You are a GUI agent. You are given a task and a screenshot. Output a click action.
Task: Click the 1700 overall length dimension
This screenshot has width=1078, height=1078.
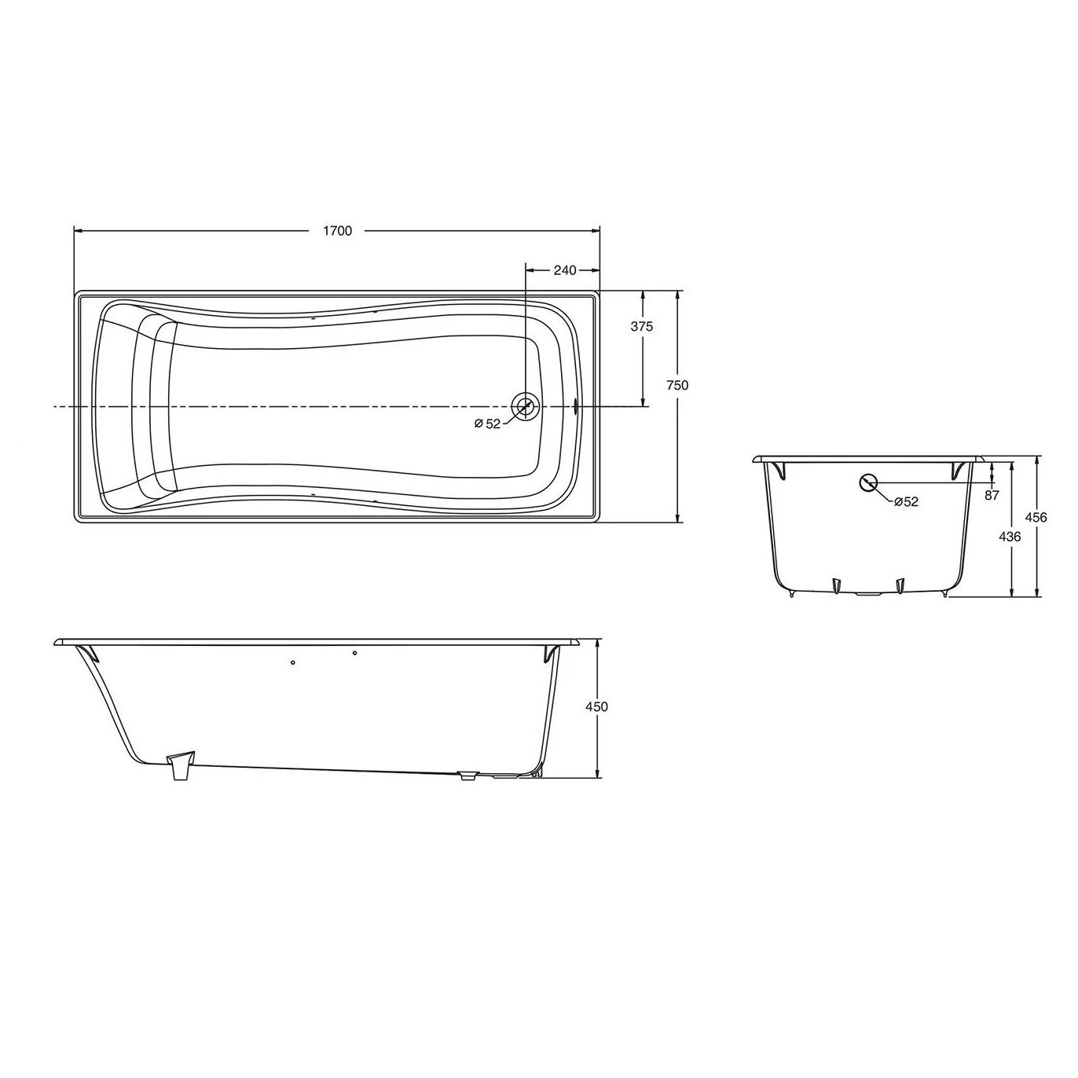[x=337, y=230]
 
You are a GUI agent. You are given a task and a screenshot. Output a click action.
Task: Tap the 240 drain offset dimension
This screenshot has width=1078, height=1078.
[x=564, y=270]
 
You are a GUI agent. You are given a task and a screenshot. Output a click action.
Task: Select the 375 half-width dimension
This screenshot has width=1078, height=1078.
[x=642, y=327]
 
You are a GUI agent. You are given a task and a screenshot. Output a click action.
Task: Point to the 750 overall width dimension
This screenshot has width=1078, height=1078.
[x=677, y=385]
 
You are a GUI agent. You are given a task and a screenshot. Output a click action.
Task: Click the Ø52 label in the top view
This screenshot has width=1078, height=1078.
[x=487, y=423]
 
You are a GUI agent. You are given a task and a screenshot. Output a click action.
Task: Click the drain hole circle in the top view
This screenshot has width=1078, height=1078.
[x=525, y=405]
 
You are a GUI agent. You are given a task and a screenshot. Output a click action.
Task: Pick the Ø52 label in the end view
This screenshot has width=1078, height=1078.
[x=906, y=502]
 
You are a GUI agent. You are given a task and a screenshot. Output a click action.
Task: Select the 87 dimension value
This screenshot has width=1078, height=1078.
[x=992, y=495]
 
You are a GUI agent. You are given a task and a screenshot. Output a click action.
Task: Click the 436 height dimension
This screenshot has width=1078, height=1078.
[x=1010, y=537]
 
